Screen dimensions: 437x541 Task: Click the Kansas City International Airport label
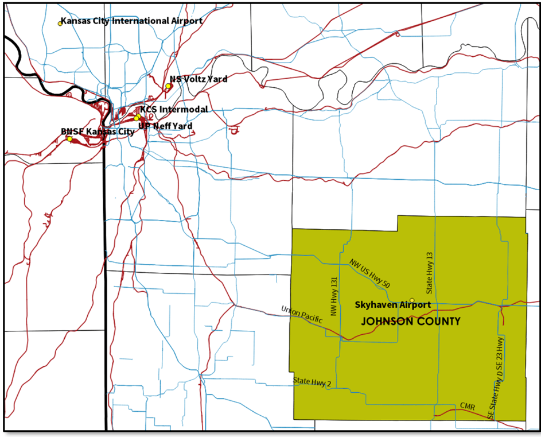coord(131,21)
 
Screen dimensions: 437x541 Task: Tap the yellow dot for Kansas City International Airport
coord(60,24)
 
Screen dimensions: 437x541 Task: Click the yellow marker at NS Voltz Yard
coord(168,86)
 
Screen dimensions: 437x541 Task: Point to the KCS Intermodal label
coord(174,110)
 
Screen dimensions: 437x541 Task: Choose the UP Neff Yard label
coord(166,126)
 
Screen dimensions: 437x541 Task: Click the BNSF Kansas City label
coord(98,132)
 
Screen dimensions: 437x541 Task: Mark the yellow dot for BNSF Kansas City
coord(69,139)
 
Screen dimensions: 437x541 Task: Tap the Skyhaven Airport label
coord(392,304)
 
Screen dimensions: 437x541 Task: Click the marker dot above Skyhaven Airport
coord(412,300)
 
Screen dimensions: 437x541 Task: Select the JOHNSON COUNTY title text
coord(410,322)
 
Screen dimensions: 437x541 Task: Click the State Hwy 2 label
coord(312,381)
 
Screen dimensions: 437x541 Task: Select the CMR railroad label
coord(467,406)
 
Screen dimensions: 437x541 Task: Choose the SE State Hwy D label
coord(492,400)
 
